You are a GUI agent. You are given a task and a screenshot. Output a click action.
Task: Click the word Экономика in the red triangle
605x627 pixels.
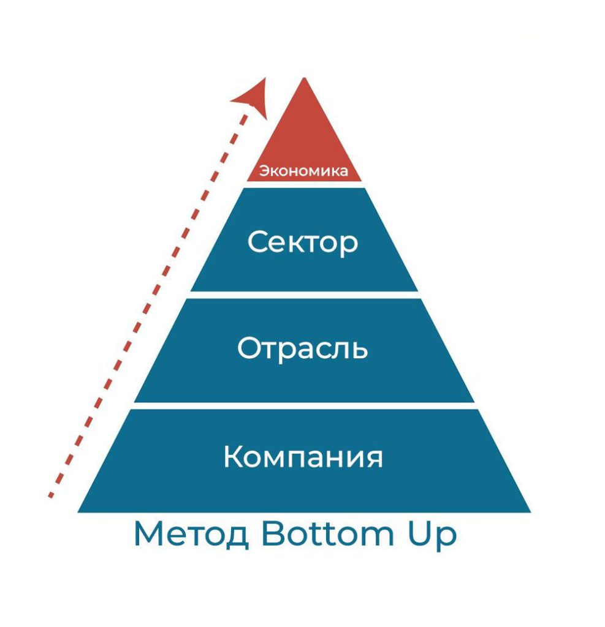tap(303, 171)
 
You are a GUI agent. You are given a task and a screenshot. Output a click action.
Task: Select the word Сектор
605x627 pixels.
tap(303, 242)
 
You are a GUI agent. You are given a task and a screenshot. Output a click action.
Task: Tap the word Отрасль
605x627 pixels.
tap(303, 348)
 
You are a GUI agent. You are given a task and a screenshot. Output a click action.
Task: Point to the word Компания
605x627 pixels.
tap(303, 456)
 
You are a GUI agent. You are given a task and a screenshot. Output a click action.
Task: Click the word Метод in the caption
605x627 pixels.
tap(191, 534)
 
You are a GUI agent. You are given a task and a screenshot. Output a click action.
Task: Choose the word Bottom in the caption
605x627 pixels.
tap(328, 533)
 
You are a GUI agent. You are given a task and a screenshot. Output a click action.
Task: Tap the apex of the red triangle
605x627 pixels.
tap(304, 78)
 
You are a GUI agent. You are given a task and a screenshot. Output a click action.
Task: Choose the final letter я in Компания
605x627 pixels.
tap(373, 458)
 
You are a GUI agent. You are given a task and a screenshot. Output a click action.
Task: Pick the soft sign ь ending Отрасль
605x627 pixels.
tap(359, 350)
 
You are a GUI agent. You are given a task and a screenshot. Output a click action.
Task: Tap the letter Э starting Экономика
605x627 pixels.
tap(264, 171)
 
